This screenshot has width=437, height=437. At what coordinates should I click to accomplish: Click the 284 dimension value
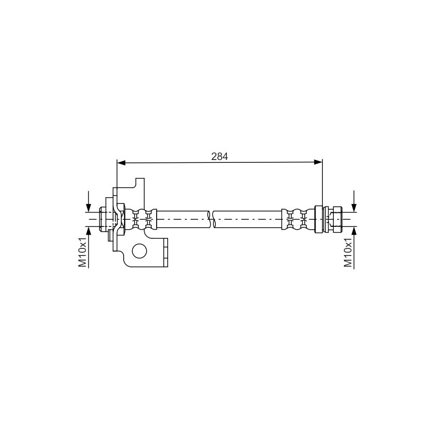pos(220,157)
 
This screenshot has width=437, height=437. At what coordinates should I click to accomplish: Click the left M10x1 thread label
pos(82,253)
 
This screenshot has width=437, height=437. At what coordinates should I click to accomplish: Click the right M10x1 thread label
pos(348,253)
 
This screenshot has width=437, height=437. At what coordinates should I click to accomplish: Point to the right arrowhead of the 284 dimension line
pos(318,162)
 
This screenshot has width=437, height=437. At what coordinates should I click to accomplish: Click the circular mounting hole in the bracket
pos(139,251)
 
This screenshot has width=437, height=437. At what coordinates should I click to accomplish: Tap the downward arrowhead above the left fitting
pos(88,208)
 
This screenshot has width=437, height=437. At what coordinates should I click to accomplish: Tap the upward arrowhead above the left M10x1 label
pos(88,231)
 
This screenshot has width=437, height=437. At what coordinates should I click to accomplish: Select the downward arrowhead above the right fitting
pos(354,208)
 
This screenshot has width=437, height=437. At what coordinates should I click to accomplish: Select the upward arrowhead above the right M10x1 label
pos(354,231)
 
